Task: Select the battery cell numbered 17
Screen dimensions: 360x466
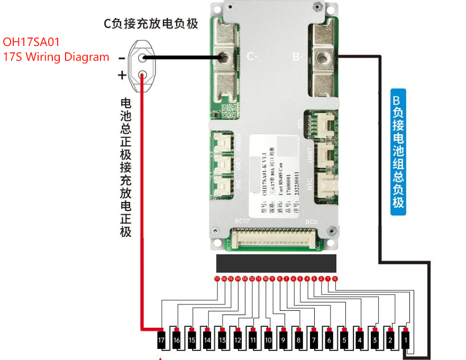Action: point(161,340)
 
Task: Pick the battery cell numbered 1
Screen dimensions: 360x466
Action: point(406,340)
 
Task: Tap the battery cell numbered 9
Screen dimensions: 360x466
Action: point(284,340)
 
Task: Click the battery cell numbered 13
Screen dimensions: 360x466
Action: point(222,340)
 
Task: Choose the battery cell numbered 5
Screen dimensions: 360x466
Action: point(344,340)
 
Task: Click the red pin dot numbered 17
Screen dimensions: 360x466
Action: point(217,278)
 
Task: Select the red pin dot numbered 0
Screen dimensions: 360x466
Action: point(335,278)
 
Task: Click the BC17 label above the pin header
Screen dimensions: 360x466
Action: point(242,220)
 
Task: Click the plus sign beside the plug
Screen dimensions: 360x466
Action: point(122,75)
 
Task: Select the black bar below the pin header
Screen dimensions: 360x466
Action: point(276,263)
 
